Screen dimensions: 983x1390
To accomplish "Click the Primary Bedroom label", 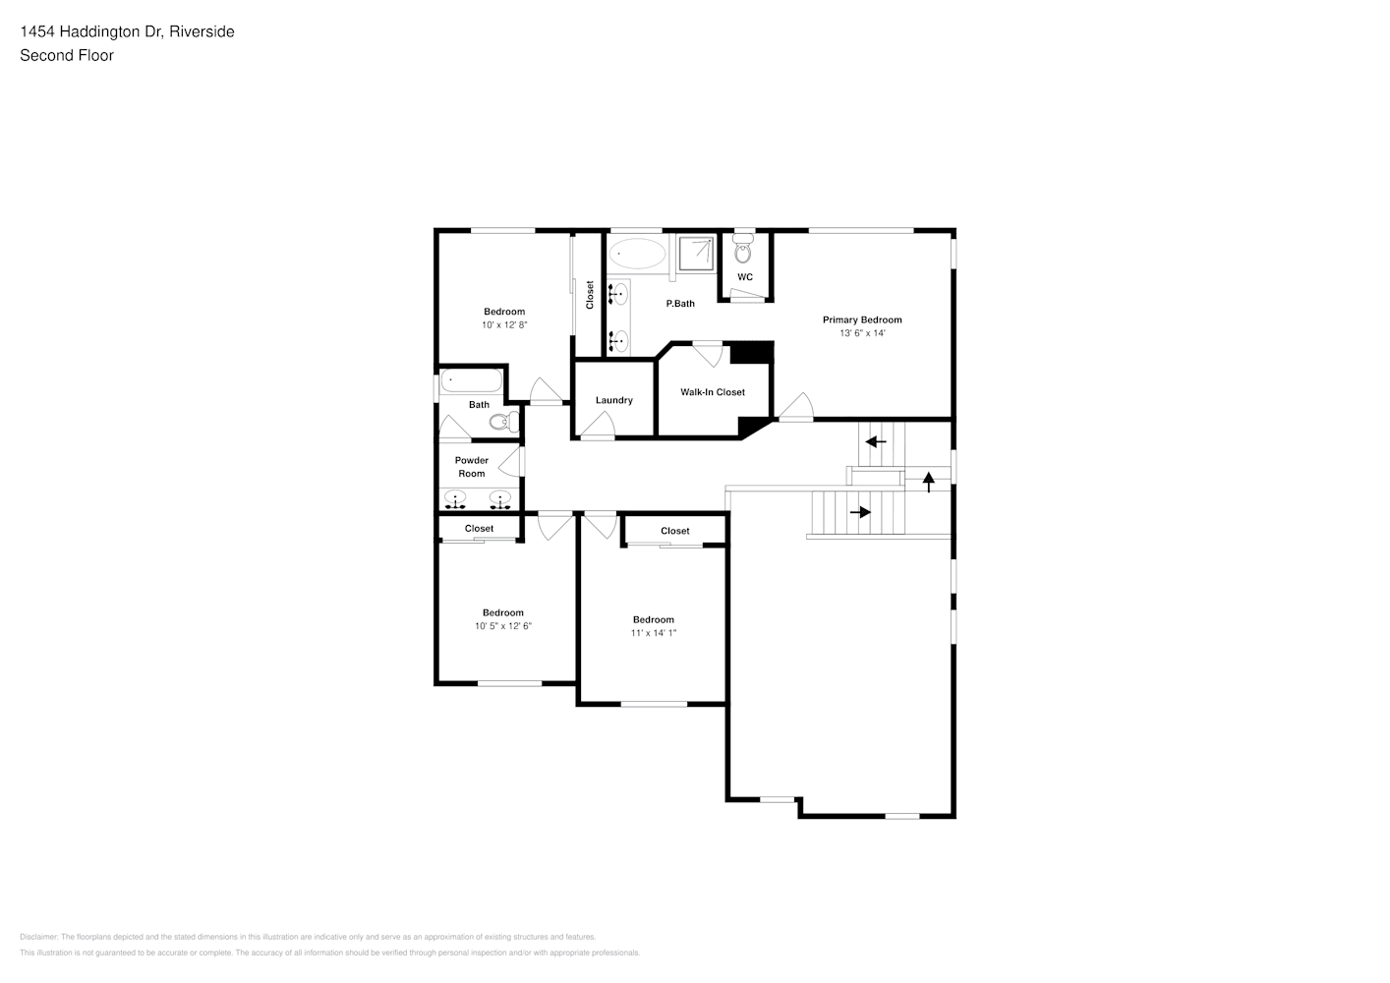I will (861, 319).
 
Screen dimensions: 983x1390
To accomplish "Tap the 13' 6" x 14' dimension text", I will (861, 333).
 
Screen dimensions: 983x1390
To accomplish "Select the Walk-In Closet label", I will (713, 392).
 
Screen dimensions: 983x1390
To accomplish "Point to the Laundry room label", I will (613, 400).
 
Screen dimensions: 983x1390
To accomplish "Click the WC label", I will (745, 277).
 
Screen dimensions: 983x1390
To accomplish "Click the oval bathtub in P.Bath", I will (636, 254).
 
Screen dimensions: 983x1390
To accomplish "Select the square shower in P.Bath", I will (696, 253).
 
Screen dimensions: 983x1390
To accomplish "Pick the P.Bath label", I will (680, 304).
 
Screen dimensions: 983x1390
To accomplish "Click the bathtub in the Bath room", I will (471, 380).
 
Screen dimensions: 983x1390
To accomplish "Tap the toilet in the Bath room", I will (503, 423).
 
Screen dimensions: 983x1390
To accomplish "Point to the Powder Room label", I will (472, 467).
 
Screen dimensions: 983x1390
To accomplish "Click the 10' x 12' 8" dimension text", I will (504, 325).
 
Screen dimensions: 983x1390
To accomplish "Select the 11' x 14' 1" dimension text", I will (654, 633).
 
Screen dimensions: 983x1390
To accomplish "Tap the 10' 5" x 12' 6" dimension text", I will (503, 626).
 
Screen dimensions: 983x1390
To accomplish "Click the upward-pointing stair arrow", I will (928, 482).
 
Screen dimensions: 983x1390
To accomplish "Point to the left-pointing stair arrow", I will (875, 441).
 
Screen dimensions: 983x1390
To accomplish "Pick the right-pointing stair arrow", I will (860, 512).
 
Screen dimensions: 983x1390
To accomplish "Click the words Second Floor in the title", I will (67, 55).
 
